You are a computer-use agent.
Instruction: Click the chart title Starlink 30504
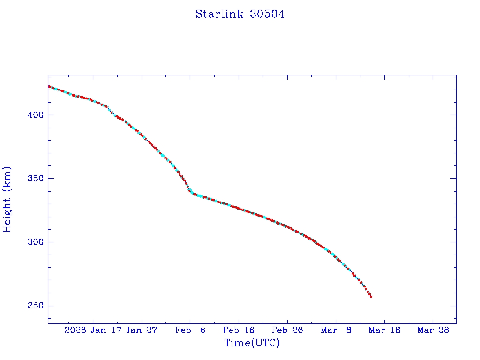click(x=240, y=14)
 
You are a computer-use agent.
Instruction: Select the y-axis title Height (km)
click(x=7, y=199)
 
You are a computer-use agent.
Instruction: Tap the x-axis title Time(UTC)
click(x=252, y=343)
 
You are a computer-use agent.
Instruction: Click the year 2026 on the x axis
click(x=75, y=330)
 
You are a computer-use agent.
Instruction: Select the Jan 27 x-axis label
click(x=142, y=330)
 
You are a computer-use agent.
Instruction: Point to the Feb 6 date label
click(x=190, y=330)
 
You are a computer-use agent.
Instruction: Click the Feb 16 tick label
click(x=239, y=330)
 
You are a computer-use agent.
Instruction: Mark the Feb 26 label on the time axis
click(x=287, y=330)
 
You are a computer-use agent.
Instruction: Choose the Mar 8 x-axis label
click(x=336, y=330)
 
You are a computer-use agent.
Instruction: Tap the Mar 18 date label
click(x=384, y=330)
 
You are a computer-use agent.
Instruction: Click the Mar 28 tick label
click(x=433, y=330)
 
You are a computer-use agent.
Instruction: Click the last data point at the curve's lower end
click(x=371, y=297)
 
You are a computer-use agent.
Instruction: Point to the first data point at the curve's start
click(x=49, y=86)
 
